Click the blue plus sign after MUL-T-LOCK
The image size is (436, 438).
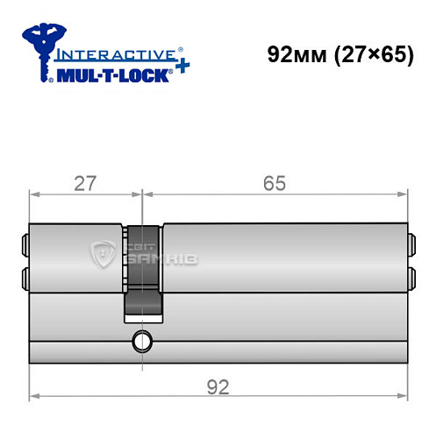coord(181,69)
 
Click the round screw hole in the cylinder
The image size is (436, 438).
coord(140,341)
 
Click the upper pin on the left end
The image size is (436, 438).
coord(23,243)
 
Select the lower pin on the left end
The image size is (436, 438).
coord(23,279)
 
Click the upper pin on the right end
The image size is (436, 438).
coord(410,243)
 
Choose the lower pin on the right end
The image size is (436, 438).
coord(410,279)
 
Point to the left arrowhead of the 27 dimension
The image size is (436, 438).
coord(33,194)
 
